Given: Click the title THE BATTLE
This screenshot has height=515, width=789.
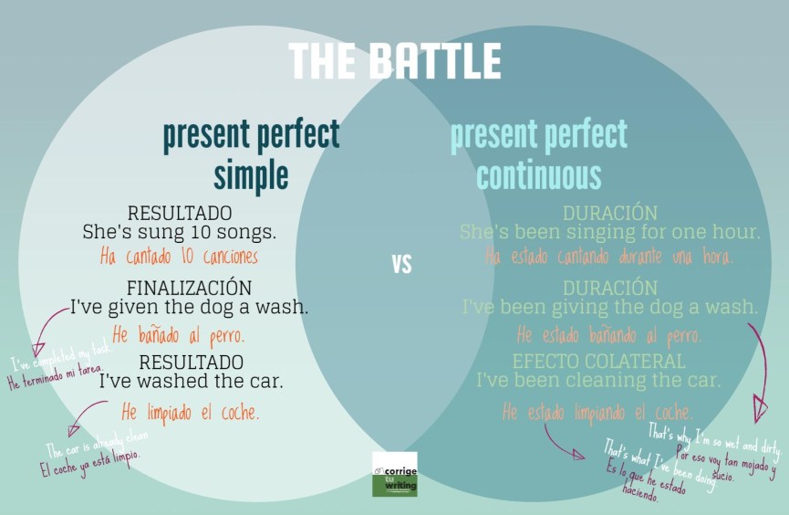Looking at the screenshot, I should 395,61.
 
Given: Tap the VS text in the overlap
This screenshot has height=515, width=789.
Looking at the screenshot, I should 401,265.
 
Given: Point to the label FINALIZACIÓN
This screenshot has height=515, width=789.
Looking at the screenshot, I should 189,287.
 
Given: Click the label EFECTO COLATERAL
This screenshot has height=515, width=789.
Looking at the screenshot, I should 598,362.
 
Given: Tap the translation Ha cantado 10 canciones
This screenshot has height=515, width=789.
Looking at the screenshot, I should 179,257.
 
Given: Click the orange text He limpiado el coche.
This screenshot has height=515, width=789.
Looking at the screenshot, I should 190,412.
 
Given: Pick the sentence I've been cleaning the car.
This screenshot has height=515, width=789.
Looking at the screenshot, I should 598,380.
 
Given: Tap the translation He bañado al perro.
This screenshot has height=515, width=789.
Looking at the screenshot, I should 178,333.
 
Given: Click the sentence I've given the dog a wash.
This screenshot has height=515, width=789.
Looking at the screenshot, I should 190,307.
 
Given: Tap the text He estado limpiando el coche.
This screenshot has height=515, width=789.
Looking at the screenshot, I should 597,412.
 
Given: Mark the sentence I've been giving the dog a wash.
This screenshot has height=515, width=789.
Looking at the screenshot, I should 609,306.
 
